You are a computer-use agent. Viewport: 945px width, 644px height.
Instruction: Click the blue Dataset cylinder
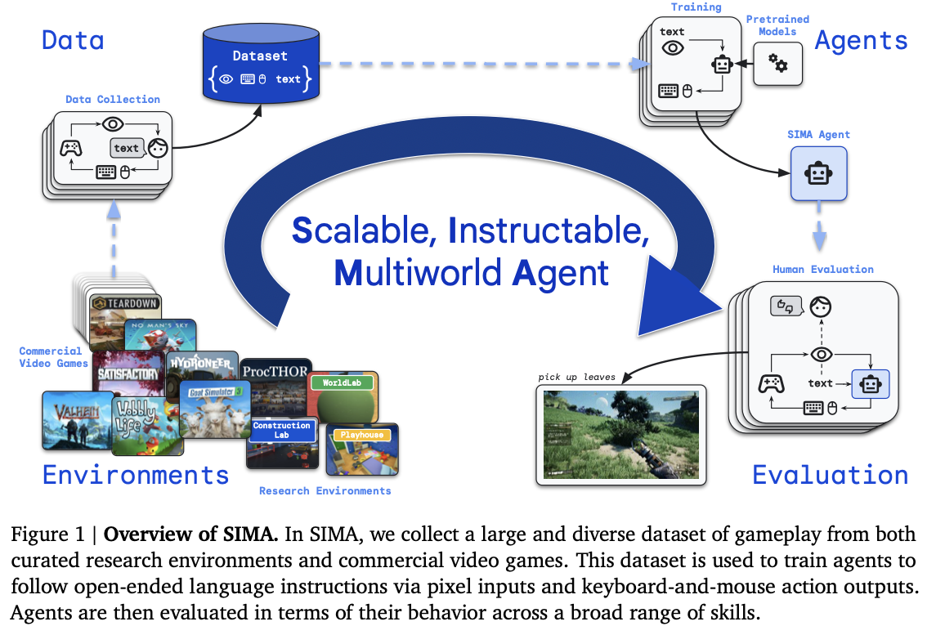point(260,66)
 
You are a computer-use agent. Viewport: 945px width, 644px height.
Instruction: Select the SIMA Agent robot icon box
point(818,173)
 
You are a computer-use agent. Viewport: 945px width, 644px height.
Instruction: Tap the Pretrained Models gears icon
point(777,61)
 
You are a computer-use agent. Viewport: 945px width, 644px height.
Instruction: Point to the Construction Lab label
point(282,430)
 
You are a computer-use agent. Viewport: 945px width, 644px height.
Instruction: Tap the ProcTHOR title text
point(275,370)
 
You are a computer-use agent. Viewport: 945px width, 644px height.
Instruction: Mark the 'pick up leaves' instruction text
point(576,377)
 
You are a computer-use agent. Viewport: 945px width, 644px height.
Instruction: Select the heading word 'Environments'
point(136,474)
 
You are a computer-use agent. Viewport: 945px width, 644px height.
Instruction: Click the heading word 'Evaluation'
point(830,475)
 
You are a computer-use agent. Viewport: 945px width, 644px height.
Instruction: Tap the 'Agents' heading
point(861,41)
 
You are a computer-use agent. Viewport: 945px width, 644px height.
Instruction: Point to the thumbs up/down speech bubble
point(785,306)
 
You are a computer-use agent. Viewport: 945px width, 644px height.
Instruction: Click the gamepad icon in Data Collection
point(71,148)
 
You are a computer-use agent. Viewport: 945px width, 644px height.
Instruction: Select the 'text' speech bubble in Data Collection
point(127,148)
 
